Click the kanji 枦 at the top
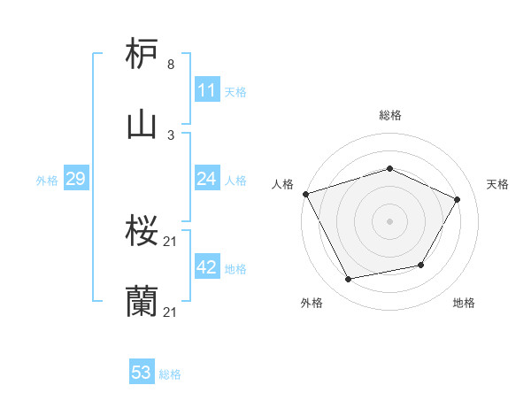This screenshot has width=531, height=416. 142,55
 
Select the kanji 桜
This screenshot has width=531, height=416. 142,233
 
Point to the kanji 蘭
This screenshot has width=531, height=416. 142,302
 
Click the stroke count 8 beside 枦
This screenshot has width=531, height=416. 170,65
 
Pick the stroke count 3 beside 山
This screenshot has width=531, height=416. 170,135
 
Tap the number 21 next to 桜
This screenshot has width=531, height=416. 172,243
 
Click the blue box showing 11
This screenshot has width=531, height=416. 207,90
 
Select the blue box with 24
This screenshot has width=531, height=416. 207,179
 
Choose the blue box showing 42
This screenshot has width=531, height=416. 207,267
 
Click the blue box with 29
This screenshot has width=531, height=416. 75,179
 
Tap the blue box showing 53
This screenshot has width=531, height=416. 142,373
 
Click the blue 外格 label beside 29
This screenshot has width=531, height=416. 47,180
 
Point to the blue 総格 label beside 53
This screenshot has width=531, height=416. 171,374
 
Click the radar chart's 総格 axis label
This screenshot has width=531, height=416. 390,115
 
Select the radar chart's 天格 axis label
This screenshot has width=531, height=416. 498,184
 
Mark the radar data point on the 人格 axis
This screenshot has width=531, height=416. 305,194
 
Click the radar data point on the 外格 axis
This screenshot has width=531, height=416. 349,280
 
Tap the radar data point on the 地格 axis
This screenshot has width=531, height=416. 421,265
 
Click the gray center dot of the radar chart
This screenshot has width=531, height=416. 390,221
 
